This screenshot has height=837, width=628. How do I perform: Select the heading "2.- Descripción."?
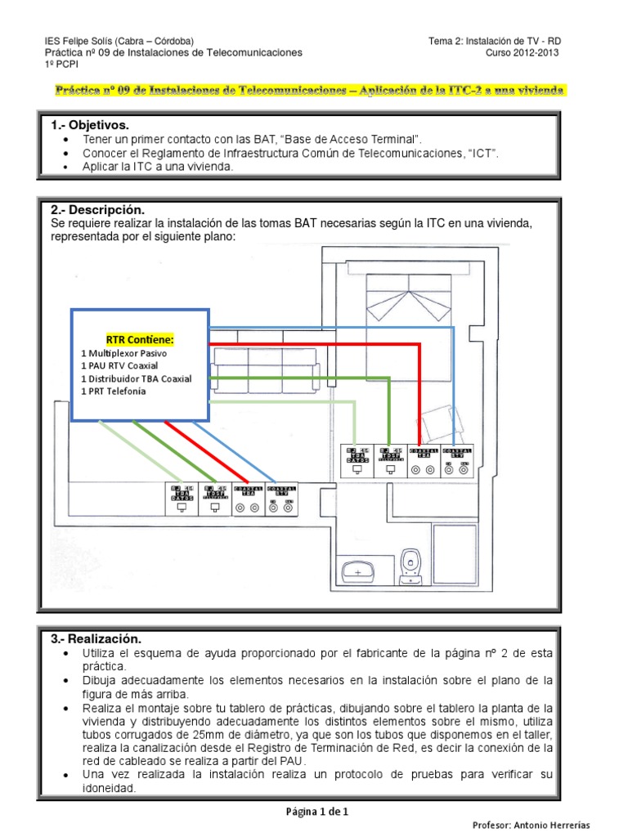[x=96, y=210]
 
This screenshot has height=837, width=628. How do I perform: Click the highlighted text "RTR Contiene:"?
[x=140, y=339]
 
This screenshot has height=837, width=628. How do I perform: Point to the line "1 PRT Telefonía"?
[x=114, y=392]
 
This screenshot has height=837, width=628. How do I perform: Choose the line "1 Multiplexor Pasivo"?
[x=123, y=352]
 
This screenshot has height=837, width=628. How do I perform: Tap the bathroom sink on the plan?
[x=357, y=571]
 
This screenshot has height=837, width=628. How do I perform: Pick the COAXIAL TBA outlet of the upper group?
[x=424, y=460]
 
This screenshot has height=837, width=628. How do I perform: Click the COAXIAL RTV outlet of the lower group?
[x=281, y=499]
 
